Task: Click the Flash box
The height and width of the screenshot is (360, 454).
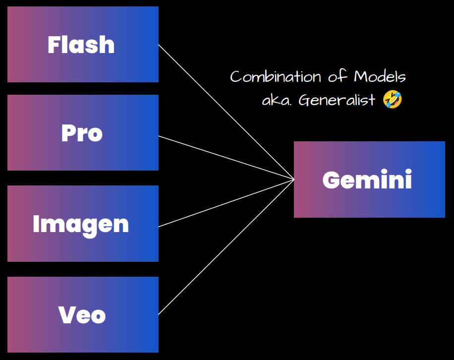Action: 83,44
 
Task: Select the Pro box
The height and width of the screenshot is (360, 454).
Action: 83,132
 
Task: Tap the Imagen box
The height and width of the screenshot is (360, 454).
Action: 83,224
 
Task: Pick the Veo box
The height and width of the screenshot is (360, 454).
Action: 83,314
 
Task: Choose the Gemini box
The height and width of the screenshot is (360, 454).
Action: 369,180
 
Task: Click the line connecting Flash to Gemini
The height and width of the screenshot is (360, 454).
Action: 226,112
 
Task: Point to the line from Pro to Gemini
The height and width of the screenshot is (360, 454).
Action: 226,157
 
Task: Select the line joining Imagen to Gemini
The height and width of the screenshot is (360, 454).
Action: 226,203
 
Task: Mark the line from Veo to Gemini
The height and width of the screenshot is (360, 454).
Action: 226,247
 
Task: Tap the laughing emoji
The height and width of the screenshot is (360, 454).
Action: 393,100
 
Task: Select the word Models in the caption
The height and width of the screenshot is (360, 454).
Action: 380,77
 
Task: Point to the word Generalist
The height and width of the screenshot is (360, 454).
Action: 337,100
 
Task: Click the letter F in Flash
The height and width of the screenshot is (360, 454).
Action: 54,45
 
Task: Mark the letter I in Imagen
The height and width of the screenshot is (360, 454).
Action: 36,224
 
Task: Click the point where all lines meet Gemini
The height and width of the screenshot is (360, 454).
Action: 294,180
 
